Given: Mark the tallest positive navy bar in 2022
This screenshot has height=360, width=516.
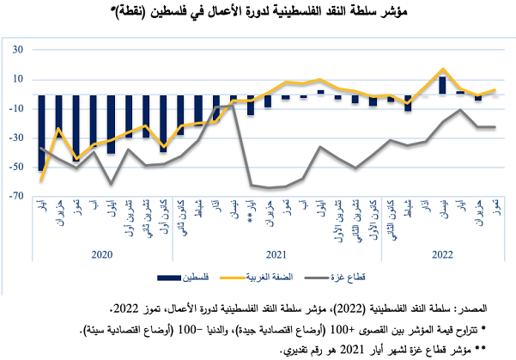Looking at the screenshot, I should (442, 85).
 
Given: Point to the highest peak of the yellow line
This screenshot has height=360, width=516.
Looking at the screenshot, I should (442, 70).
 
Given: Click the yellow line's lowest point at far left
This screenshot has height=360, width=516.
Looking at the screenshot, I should (41, 180).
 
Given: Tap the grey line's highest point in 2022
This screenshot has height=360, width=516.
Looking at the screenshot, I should (461, 109).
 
